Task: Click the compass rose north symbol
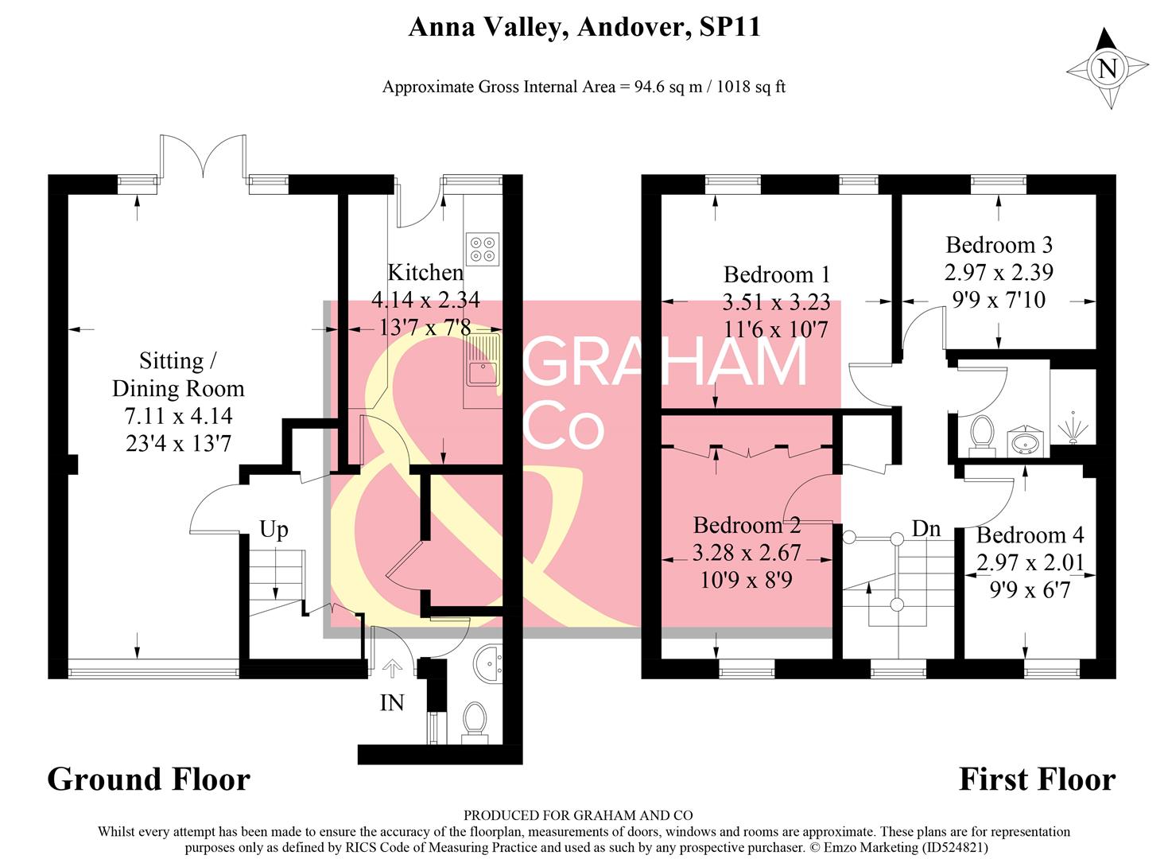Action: pyautogui.click(x=1107, y=68)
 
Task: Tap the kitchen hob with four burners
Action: pyautogui.click(x=482, y=247)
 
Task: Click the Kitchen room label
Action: pyautogui.click(x=425, y=272)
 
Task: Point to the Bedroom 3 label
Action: pyautogui.click(x=999, y=245)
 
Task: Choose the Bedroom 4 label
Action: pyautogui.click(x=1030, y=534)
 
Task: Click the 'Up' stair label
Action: pyautogui.click(x=274, y=530)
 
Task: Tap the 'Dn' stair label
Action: pyautogui.click(x=925, y=528)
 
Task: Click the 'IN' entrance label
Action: pyautogui.click(x=392, y=703)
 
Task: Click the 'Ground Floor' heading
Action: pyautogui.click(x=149, y=779)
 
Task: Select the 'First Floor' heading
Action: pyautogui.click(x=1037, y=779)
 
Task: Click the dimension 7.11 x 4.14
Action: pyautogui.click(x=178, y=416)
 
